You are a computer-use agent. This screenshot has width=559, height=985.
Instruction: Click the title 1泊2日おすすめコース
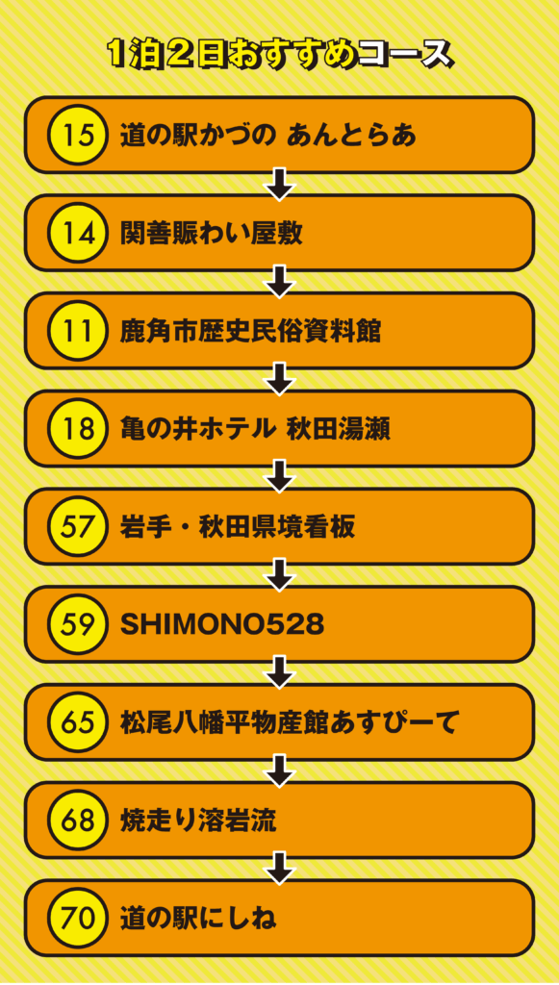279,55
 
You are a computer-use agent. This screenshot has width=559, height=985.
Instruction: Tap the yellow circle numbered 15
78,135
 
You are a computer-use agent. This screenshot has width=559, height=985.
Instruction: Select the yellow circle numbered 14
78,233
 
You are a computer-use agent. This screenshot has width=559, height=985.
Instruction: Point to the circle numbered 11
78,331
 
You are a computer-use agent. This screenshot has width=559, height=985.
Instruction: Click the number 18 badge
78,428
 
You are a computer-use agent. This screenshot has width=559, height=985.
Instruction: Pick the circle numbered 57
78,526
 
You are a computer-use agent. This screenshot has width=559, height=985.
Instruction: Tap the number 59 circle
78,624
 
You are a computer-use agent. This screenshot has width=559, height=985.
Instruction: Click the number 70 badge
78,918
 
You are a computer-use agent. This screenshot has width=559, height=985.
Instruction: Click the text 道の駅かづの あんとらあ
268,135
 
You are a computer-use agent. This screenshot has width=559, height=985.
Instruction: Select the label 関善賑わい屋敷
212,233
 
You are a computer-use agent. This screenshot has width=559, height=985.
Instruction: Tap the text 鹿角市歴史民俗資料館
250,331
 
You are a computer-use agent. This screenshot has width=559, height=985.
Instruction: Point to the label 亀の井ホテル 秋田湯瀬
255,429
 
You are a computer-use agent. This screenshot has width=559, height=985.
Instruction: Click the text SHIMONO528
222,624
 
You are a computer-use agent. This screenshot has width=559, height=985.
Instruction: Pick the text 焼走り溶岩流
198,821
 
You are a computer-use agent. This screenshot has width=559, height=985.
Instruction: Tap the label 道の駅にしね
198,919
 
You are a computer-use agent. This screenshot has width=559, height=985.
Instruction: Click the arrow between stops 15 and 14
280,184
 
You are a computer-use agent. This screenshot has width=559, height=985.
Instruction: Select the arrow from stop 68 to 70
280,869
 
